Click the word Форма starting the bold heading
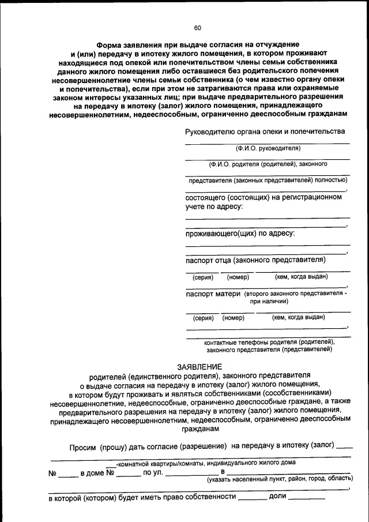point(108,44)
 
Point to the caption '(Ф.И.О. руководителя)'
point(268,148)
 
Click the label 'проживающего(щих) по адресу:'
point(240,233)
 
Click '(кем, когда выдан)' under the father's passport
point(302,276)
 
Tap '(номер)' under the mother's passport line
point(234,317)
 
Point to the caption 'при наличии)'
point(269,301)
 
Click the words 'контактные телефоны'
point(233,341)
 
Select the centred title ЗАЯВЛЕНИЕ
point(199,367)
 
